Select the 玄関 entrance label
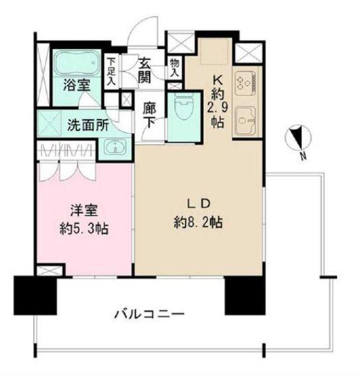(144, 70)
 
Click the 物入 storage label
(174, 68)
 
